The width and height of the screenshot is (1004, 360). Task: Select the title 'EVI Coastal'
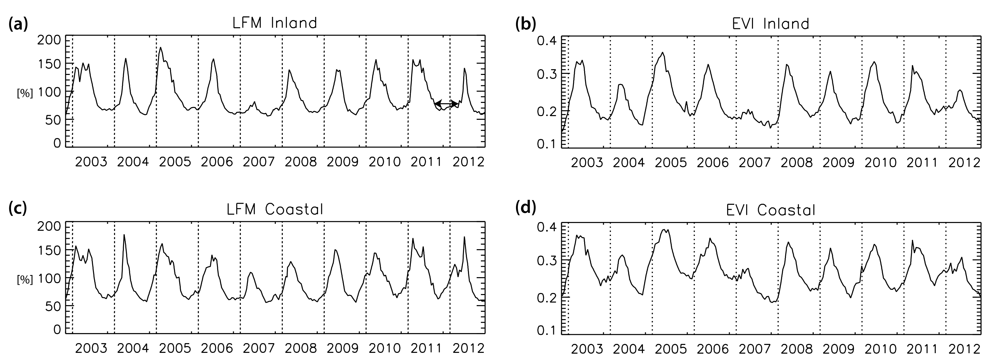tap(771, 210)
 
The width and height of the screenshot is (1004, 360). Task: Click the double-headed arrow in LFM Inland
tap(446, 104)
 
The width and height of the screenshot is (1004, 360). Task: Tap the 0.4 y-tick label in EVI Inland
tap(548, 41)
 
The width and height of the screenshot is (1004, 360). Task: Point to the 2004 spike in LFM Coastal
tap(124, 235)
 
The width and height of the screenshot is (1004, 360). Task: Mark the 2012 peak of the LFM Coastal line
tap(464, 237)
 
